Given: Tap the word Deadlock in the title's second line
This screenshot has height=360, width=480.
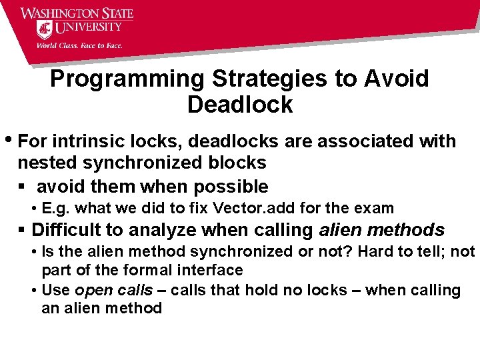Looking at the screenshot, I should tap(240, 105).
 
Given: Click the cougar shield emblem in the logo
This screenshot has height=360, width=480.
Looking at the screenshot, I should tap(45, 29).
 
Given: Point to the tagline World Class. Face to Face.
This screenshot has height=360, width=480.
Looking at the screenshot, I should tap(79, 45).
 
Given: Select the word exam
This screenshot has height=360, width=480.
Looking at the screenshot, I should tap(377, 208).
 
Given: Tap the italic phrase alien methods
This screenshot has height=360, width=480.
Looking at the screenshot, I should tap(381, 230).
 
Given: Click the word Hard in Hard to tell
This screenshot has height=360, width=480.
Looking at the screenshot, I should tap(379, 252).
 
